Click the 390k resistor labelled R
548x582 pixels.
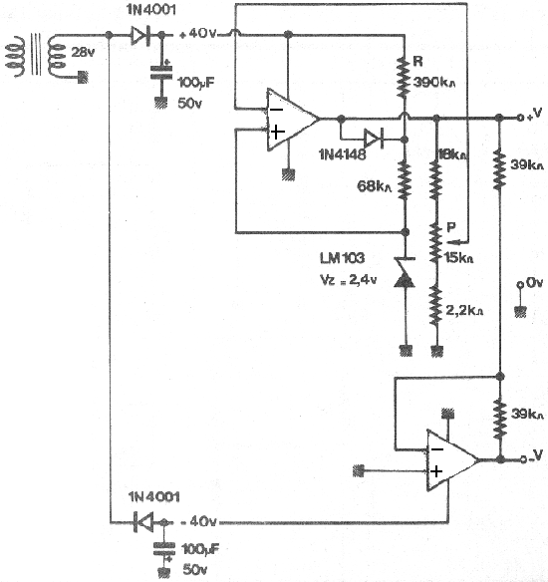pyautogui.click(x=405, y=77)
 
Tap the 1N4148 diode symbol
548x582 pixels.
pyautogui.click(x=374, y=140)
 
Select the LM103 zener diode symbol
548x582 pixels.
pyautogui.click(x=405, y=272)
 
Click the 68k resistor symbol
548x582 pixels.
pyautogui.click(x=405, y=180)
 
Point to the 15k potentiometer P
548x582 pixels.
pyautogui.click(x=436, y=243)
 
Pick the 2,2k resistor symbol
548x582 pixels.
pyautogui.click(x=436, y=306)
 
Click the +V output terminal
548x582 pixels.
pyautogui.click(x=520, y=118)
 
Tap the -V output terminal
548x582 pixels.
pyautogui.click(x=523, y=459)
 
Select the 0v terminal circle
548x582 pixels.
pyautogui.click(x=520, y=285)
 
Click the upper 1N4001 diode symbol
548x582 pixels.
pyautogui.click(x=140, y=35)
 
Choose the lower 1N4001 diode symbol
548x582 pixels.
pyautogui.click(x=143, y=522)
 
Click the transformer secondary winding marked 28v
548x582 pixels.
pyautogui.click(x=58, y=56)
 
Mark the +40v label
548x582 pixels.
pyautogui.click(x=197, y=34)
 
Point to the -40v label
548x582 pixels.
pyautogui.click(x=198, y=521)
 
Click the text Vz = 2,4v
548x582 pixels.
pyautogui.click(x=348, y=280)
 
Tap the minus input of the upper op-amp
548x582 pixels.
pyautogui.click(x=276, y=110)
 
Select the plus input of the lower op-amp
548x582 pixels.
pyautogui.click(x=436, y=471)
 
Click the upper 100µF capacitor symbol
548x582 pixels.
pyautogui.click(x=161, y=73)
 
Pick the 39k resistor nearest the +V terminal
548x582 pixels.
pyautogui.click(x=500, y=169)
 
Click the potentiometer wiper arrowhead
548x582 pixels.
pyautogui.click(x=451, y=242)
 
